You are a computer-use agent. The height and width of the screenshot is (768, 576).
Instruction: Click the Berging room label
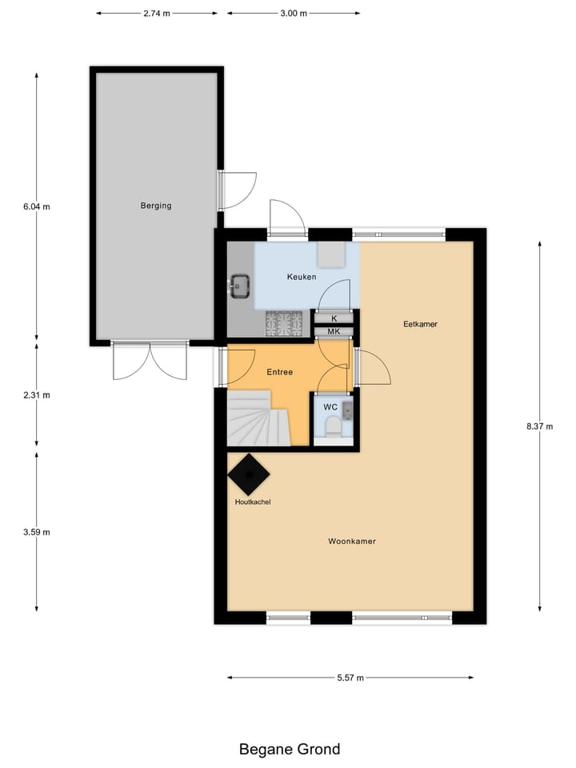pyautogui.click(x=156, y=206)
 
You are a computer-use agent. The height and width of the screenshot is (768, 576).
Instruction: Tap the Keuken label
pyautogui.click(x=302, y=277)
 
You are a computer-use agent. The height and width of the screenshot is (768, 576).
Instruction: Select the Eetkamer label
pyautogui.click(x=420, y=324)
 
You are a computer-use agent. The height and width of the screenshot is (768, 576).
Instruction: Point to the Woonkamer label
pyautogui.click(x=352, y=542)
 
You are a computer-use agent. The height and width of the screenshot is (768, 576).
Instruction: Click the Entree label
pyautogui.click(x=280, y=372)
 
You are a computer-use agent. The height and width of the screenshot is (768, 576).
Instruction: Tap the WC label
pyautogui.click(x=330, y=407)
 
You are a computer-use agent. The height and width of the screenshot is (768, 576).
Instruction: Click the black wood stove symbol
pyautogui.click(x=248, y=475)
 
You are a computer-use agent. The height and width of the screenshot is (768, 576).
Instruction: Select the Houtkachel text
pyautogui.click(x=252, y=502)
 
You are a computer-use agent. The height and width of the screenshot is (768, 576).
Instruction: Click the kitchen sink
pyautogui.click(x=240, y=285)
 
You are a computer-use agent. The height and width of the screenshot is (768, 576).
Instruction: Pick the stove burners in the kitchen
pyautogui.click(x=284, y=323)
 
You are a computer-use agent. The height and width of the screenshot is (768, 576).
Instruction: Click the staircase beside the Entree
pyautogui.click(x=258, y=418)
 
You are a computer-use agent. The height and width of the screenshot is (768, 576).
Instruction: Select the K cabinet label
pyautogui.click(x=334, y=318)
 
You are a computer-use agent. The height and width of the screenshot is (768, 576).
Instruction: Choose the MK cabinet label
pyautogui.click(x=334, y=331)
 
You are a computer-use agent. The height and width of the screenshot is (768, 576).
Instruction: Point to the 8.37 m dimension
pyautogui.click(x=540, y=426)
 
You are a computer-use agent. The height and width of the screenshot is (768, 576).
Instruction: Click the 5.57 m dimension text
pyautogui.click(x=350, y=678)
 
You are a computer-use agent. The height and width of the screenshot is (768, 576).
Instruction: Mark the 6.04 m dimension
pyautogui.click(x=37, y=206)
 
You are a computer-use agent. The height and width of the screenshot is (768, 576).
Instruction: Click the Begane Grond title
pyautogui.click(x=290, y=750)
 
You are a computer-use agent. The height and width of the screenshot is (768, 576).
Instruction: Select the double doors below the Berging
pyautogui.click(x=150, y=362)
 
